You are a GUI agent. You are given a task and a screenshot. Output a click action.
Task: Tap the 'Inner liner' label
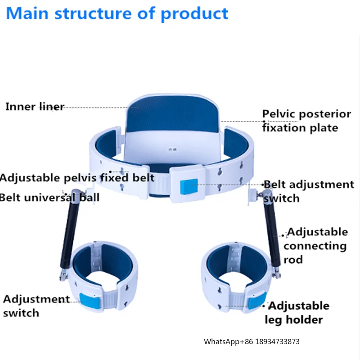coord(35,107)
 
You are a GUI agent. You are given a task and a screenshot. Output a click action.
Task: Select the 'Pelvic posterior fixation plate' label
coord(306,121)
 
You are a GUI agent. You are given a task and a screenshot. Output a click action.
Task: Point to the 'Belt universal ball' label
coord(49,197)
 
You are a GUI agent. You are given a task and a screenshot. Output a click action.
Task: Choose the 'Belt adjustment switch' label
coord(308,191)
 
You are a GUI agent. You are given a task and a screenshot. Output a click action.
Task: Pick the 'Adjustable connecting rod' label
coord(315,246)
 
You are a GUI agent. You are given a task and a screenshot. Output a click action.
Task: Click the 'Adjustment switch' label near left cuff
coord(36,306)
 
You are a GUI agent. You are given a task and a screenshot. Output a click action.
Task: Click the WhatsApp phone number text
coord(252,342)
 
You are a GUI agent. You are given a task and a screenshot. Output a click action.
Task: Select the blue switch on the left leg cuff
coord(88,300)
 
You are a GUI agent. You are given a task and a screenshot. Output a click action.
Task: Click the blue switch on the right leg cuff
coord(256,301)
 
